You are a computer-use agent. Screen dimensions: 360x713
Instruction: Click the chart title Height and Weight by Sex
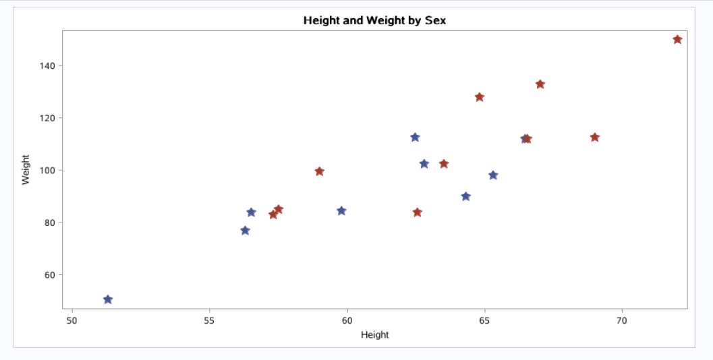pos(374,20)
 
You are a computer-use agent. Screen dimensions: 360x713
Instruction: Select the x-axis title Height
pos(374,334)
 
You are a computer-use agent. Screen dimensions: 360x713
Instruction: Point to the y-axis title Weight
pos(26,169)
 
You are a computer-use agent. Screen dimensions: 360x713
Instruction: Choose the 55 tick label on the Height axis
pos(209,320)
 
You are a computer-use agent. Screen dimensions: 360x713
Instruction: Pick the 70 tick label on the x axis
pos(621,320)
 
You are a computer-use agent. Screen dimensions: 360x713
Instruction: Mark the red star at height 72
pos(677,40)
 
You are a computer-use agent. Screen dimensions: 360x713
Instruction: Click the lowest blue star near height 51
pos(108,299)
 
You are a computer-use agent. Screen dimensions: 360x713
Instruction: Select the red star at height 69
pos(594,138)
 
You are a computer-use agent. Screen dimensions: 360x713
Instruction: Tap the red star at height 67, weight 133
pos(540,84)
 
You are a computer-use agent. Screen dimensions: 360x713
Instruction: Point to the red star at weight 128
pos(480,97)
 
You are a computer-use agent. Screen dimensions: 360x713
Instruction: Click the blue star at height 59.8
pos(341,211)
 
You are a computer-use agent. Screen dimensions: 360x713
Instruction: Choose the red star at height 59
pos(319,171)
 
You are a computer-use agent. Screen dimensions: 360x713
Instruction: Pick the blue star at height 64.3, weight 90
pos(465,197)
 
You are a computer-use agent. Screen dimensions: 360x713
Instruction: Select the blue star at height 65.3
pos(493,175)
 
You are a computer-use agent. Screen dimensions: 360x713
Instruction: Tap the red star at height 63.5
pos(443,164)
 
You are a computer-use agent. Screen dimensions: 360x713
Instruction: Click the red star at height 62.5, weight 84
pos(417,212)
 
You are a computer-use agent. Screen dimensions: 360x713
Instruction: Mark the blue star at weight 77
pos(245,231)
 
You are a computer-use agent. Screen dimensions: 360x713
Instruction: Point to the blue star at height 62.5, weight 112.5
pos(415,138)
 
